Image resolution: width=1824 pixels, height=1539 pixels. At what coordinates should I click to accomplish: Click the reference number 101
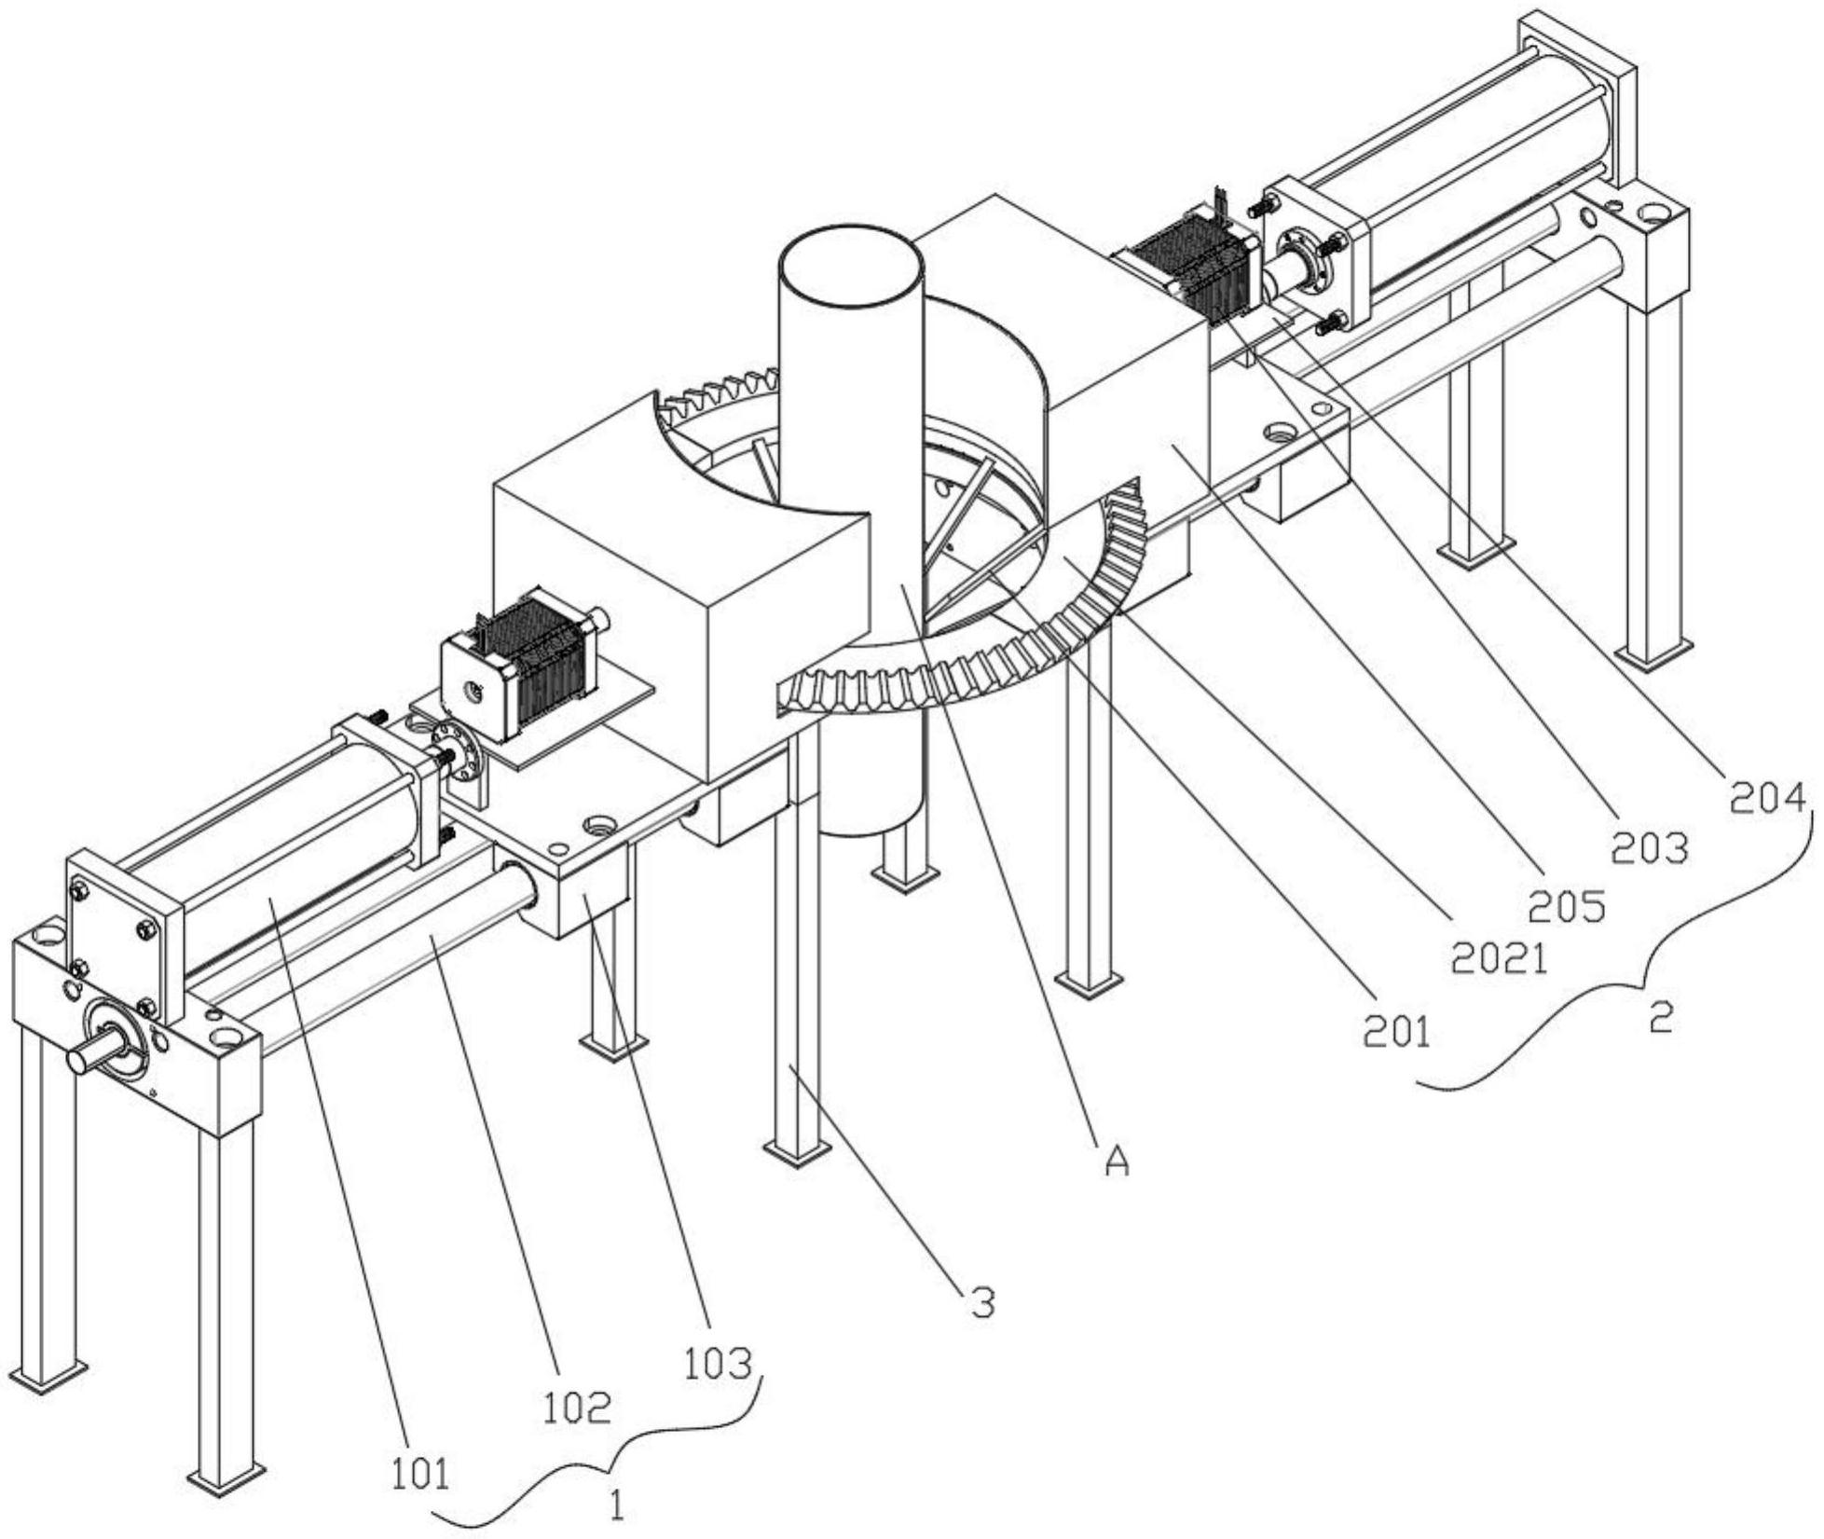(x=419, y=1473)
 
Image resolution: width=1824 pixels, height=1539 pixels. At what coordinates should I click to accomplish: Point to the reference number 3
(x=982, y=1302)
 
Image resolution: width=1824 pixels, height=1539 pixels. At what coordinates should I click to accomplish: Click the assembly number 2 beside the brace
(x=1660, y=1018)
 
